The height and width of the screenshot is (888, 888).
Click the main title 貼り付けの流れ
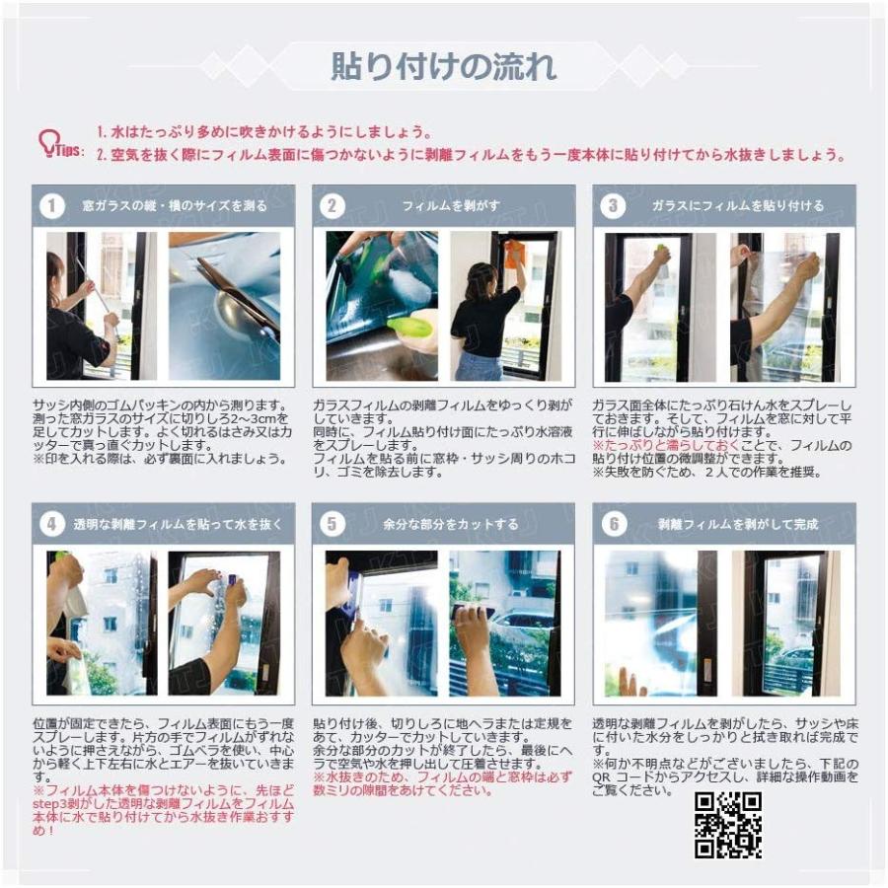[x=443, y=66]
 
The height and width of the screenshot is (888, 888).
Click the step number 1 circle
[x=51, y=206]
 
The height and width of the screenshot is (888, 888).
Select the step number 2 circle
[x=333, y=206]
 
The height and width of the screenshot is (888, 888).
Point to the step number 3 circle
[x=614, y=206]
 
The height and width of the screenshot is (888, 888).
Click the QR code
[x=728, y=824]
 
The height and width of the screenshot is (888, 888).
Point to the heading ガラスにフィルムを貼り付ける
[x=737, y=206]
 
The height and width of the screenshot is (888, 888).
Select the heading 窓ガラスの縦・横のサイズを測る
[x=174, y=206]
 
